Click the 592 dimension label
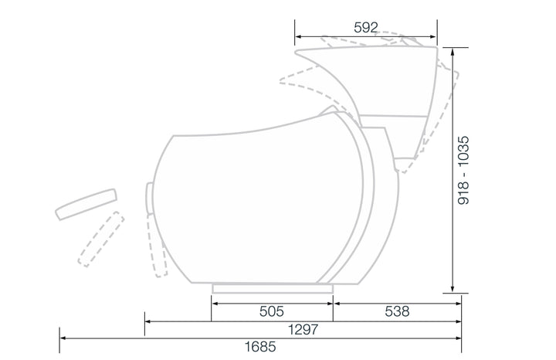coord(366,27)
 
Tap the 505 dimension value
coord(272,311)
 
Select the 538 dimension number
coord(397,311)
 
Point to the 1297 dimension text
coord(303,330)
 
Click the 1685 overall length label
coord(260,347)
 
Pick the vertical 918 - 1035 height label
coord(463,170)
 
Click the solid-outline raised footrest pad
coord(86,204)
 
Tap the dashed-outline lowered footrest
coord(101,239)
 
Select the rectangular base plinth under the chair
coord(273,288)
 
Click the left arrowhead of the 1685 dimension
coord(63,338)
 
